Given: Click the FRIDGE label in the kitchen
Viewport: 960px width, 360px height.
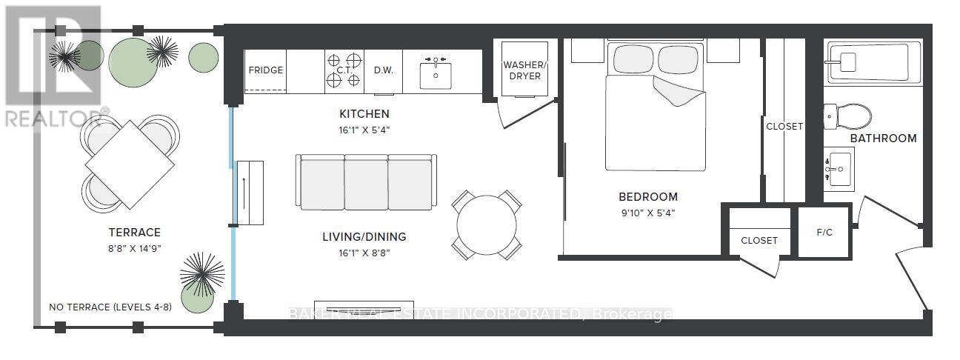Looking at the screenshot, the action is point(265,70).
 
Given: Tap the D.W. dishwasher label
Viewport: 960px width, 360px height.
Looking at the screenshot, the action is point(383,70).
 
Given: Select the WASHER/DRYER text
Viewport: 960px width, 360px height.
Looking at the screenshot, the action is point(524,70).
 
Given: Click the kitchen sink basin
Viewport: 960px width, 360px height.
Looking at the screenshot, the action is point(436,76).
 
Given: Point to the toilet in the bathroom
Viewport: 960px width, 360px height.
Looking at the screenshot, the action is point(847,116).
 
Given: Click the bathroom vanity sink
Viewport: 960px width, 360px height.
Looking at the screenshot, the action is point(839,170).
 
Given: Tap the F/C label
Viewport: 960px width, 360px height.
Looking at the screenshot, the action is point(824,233).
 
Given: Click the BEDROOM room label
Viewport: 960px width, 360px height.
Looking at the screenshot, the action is point(648,197).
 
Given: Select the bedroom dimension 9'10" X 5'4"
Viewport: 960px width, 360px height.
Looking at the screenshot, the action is point(648,213).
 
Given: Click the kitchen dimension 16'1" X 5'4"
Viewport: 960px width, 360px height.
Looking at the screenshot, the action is point(364,130).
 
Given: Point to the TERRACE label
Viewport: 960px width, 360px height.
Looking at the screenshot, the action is point(135,233).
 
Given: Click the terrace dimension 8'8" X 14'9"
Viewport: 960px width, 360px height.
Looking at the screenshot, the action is point(135,249).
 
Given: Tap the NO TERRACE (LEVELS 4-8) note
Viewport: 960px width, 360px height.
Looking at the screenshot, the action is point(110,307).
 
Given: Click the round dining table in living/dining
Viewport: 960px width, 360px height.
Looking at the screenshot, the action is point(487,225).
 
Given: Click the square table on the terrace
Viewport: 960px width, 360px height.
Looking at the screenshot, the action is point(130,164).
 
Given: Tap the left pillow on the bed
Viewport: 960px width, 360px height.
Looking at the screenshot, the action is point(633,59).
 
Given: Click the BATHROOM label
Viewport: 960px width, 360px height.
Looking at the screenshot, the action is point(883,139).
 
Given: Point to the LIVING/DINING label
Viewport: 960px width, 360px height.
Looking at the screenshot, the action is point(364,236).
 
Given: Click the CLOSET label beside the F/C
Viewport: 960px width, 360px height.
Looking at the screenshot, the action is point(759,241).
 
